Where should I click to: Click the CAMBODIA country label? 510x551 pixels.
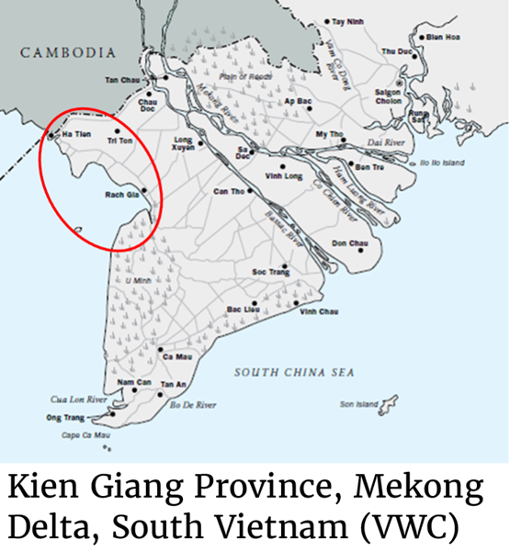[x=69, y=53]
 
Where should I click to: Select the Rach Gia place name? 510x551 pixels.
[x=121, y=195]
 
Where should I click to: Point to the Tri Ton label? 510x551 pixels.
[x=119, y=141]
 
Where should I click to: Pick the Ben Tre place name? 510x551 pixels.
[x=368, y=167]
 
